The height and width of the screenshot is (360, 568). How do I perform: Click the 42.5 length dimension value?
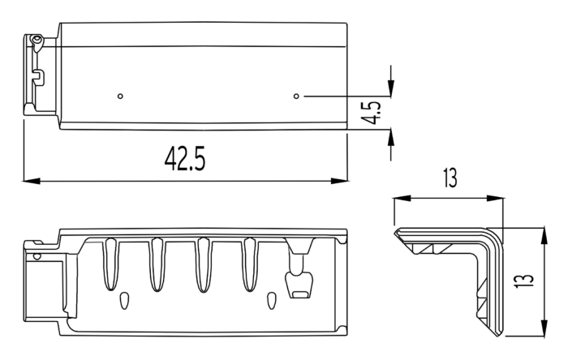pos(185,158)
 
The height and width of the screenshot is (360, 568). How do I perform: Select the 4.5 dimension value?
pos(373,112)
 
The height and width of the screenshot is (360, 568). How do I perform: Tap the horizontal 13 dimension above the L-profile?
pos(450,178)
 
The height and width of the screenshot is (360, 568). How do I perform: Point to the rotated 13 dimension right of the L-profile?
pos(524,280)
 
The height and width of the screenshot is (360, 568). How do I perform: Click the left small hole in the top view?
pos(121,96)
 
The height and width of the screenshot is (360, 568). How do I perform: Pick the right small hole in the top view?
pos(296,96)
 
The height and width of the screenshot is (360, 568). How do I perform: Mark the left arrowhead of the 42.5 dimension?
pos(32,181)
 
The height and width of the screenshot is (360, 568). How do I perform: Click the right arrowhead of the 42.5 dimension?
pos(339,181)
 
